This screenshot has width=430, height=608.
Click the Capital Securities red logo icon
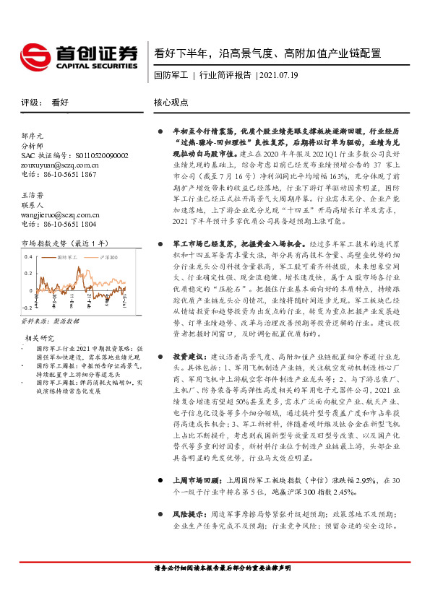coord(34,56)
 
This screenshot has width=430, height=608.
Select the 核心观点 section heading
coord(171,103)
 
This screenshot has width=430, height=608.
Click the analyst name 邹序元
coord(33,135)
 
